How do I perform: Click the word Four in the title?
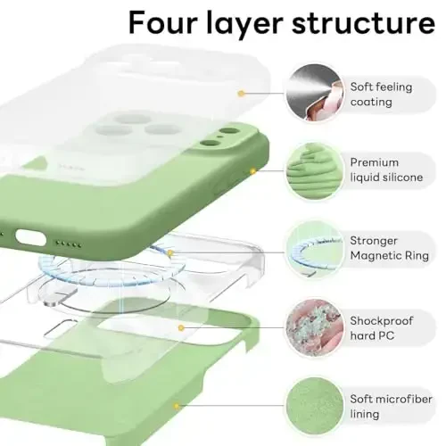coord(167,22)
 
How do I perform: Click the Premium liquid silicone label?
coord(385,169)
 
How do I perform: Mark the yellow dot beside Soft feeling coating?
coord(241,91)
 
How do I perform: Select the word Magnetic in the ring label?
coord(379,255)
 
